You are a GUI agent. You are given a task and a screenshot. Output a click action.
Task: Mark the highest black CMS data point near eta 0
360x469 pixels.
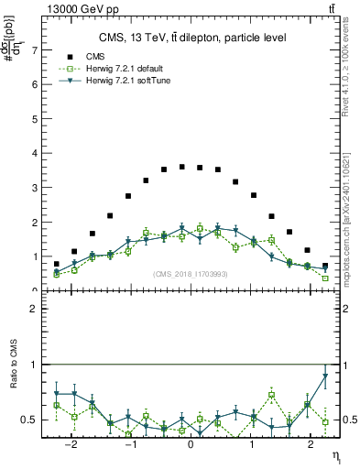click(x=182, y=167)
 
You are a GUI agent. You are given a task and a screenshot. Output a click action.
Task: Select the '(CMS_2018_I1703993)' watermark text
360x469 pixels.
click(x=190, y=274)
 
